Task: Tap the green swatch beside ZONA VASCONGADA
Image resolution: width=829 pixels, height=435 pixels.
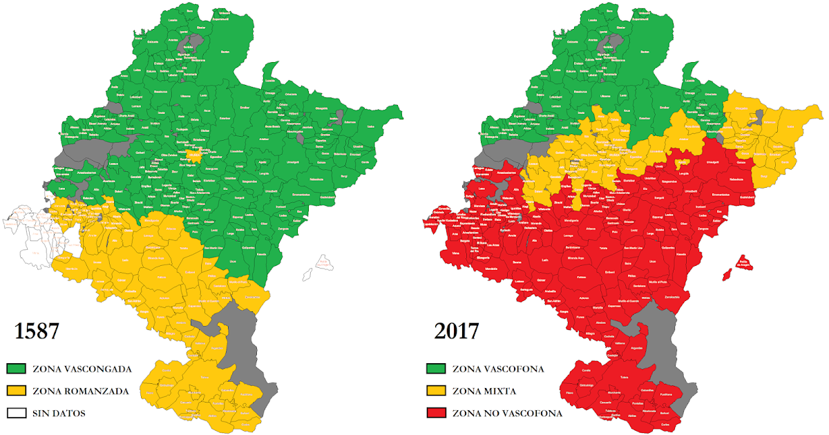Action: pyautogui.click(x=17, y=369)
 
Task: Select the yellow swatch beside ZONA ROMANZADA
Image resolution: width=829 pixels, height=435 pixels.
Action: pyautogui.click(x=17, y=391)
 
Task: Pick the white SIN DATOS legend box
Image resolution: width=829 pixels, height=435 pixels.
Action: pyautogui.click(x=17, y=413)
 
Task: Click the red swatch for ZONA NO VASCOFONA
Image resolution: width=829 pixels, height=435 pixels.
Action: pyautogui.click(x=437, y=413)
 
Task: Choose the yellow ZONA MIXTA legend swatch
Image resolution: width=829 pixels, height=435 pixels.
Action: pyautogui.click(x=437, y=391)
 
